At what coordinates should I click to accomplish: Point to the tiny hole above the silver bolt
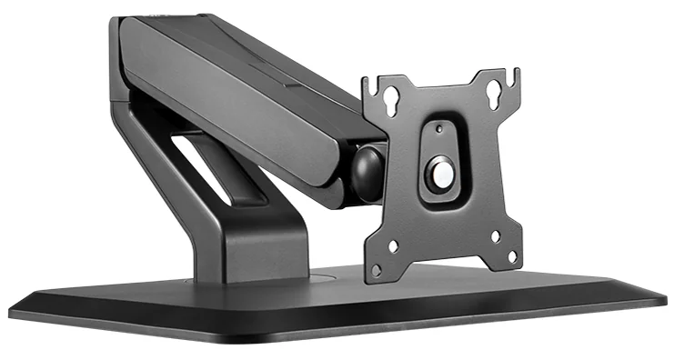tap(440, 128)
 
